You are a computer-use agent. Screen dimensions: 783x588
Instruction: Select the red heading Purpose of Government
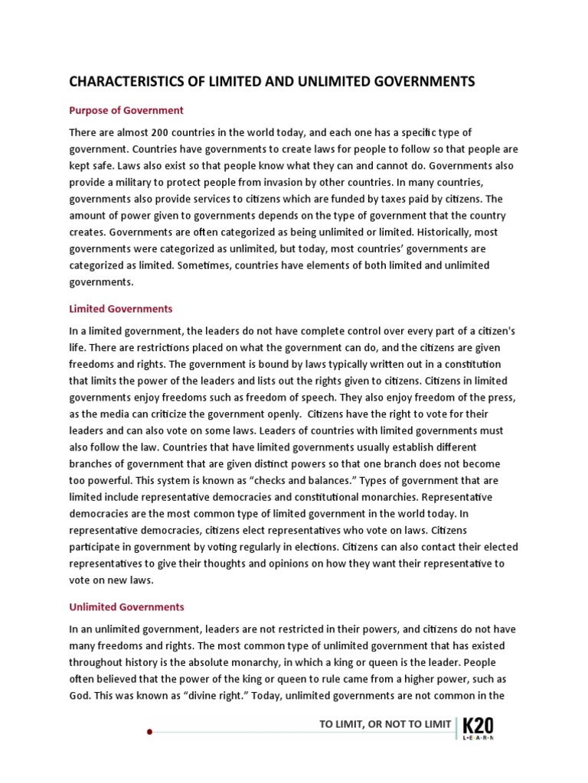126,110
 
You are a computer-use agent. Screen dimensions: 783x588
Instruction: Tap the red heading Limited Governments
121,309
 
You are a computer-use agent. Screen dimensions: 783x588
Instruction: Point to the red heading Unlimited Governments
127,607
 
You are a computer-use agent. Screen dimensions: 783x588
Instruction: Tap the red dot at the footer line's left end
150,732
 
